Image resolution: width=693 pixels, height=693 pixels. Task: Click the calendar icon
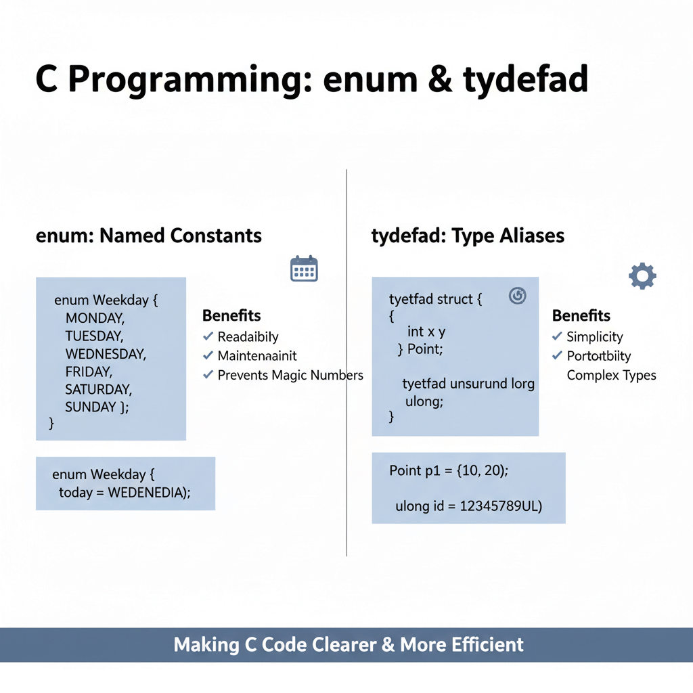click(x=303, y=269)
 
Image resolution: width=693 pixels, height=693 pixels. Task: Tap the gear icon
click(x=642, y=276)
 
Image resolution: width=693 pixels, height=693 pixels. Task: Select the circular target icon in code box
click(x=518, y=295)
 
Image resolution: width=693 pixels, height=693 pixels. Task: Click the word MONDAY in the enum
click(x=95, y=318)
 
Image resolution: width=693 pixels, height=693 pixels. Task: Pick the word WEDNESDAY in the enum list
click(x=106, y=353)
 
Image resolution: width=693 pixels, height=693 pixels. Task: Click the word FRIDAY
click(x=89, y=372)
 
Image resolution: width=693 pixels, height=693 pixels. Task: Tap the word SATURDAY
click(x=98, y=389)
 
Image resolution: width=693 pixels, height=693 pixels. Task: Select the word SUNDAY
click(x=91, y=407)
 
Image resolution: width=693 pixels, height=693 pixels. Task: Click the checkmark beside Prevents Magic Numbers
click(x=208, y=374)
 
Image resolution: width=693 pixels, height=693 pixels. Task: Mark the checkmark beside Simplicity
click(x=557, y=336)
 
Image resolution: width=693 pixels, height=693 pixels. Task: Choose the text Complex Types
click(x=611, y=375)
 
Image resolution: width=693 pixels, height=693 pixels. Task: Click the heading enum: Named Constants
click(x=148, y=236)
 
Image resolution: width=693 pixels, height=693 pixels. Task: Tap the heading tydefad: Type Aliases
click(x=468, y=236)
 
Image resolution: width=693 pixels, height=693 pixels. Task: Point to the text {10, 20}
click(x=483, y=470)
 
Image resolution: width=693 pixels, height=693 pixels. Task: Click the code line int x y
click(x=426, y=332)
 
